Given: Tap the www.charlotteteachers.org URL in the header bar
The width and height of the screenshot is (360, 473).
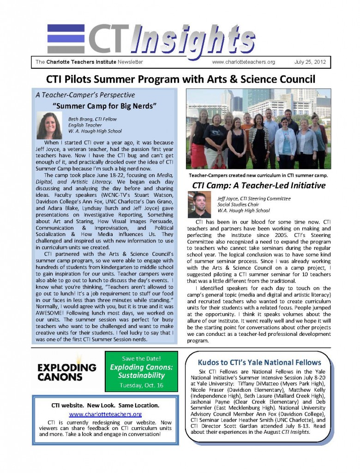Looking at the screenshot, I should tap(243, 62).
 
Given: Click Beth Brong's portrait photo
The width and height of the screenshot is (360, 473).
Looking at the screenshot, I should tap(49, 125).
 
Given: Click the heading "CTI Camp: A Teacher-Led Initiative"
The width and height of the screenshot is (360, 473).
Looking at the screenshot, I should tap(258, 186).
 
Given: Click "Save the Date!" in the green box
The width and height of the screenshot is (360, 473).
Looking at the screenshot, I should tap(141, 358).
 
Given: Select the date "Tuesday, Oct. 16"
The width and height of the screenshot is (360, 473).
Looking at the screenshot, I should tap(141, 385).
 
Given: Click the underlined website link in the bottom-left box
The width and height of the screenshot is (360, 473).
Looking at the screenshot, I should tap(105, 414).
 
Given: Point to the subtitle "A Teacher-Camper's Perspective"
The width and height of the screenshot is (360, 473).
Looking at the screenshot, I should tap(85, 95).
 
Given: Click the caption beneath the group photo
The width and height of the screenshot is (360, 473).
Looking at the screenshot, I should tap(258, 176).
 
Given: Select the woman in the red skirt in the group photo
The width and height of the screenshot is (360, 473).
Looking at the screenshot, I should tap(200, 139).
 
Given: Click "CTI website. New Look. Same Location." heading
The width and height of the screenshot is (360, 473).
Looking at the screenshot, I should tap(105, 405).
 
